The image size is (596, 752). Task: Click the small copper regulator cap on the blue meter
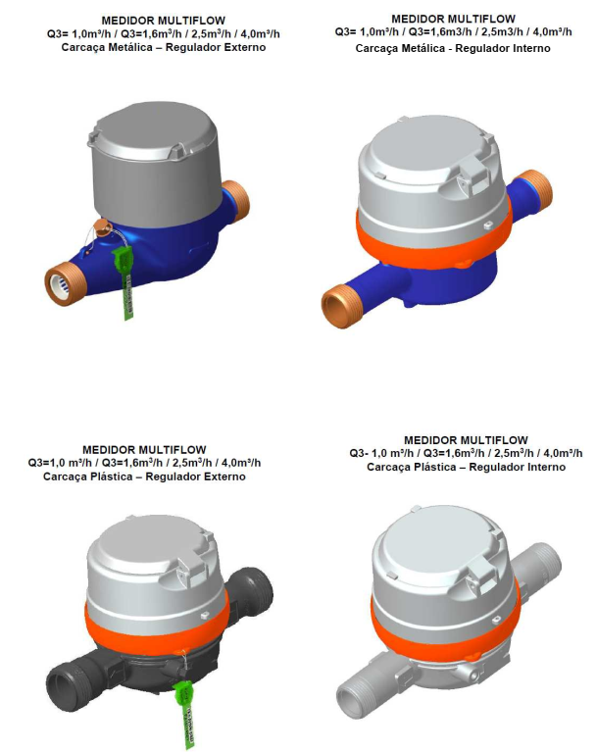tap(102, 227)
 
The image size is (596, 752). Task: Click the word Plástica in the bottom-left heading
tap(111, 476)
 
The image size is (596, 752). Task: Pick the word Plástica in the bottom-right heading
tap(435, 467)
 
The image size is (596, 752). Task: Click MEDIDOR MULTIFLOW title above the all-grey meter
tap(466, 440)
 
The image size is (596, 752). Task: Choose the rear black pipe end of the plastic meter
tap(252, 588)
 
